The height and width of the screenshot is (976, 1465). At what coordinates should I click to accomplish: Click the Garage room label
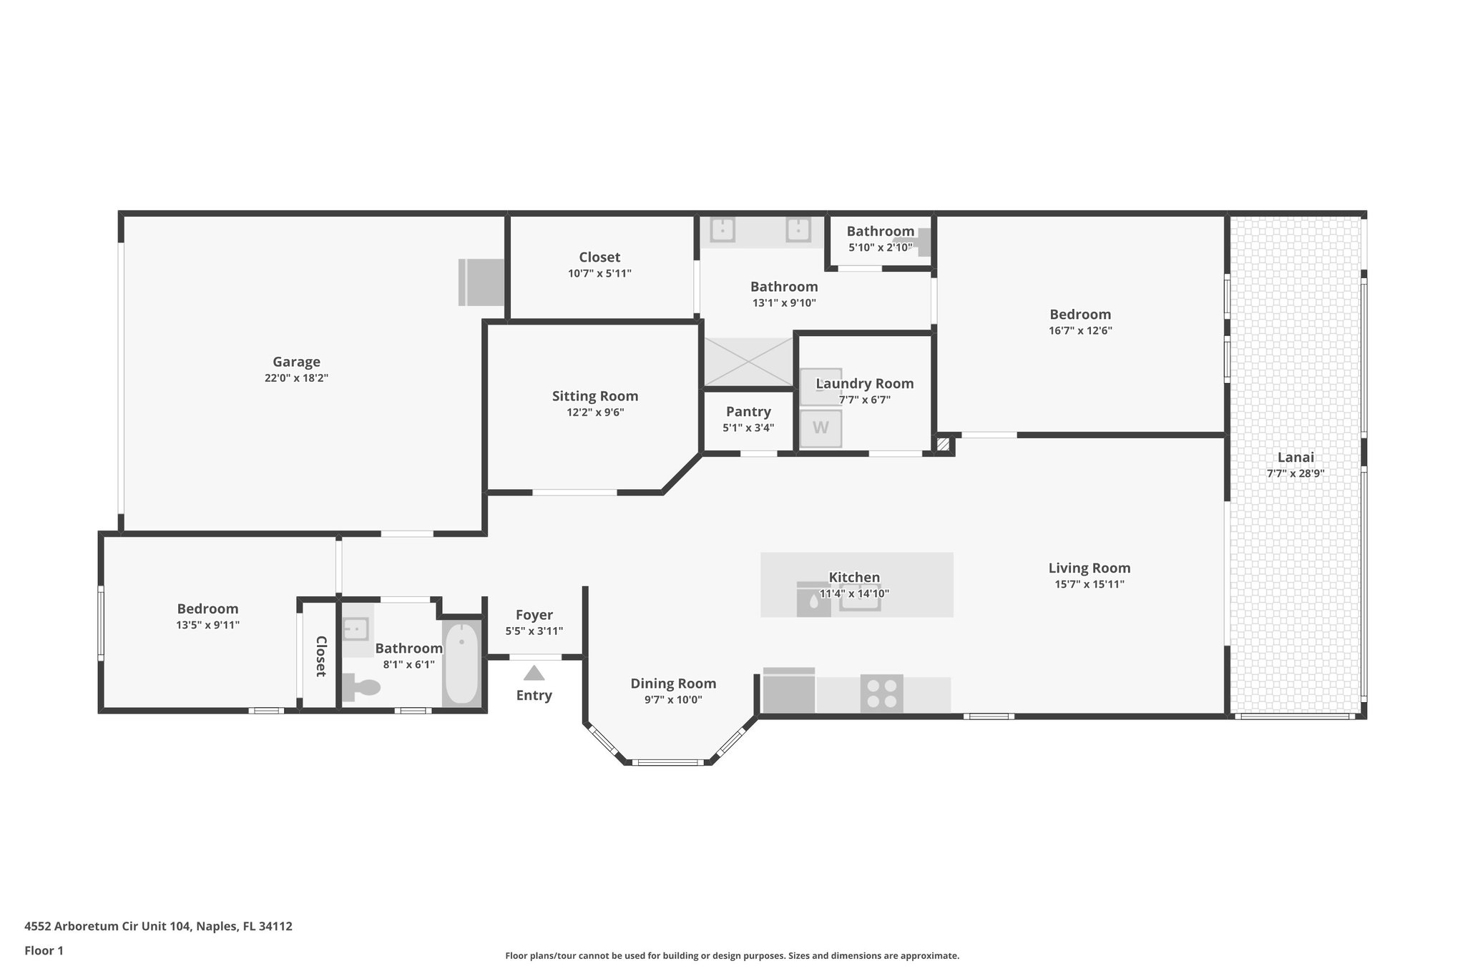point(296,362)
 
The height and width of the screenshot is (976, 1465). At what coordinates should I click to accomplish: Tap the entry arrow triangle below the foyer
point(534,674)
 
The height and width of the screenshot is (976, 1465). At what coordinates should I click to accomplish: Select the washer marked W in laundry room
point(820,428)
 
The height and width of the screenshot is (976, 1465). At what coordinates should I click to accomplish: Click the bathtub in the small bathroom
point(461,664)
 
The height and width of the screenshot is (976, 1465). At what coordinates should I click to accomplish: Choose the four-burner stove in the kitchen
point(881,693)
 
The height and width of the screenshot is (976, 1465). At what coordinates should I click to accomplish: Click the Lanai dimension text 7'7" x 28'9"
point(1295,473)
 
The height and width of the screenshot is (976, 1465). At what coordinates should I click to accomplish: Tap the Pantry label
point(748,412)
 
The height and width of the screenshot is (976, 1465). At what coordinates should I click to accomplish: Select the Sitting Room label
point(594,396)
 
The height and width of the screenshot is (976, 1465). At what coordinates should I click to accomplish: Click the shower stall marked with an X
point(748,363)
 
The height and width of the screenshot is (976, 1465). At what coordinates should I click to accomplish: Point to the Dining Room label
point(673,684)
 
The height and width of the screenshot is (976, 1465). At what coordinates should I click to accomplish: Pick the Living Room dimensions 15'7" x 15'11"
point(1089,584)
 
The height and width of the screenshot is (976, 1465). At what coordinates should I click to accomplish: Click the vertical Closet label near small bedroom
point(320,656)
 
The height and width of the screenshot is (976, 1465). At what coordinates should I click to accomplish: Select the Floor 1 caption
point(44,951)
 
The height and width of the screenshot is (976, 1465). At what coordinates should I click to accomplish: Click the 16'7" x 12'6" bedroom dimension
point(1080,331)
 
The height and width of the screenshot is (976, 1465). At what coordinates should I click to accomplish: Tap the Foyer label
point(534,615)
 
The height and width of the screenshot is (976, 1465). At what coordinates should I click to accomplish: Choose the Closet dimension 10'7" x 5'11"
point(599,273)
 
